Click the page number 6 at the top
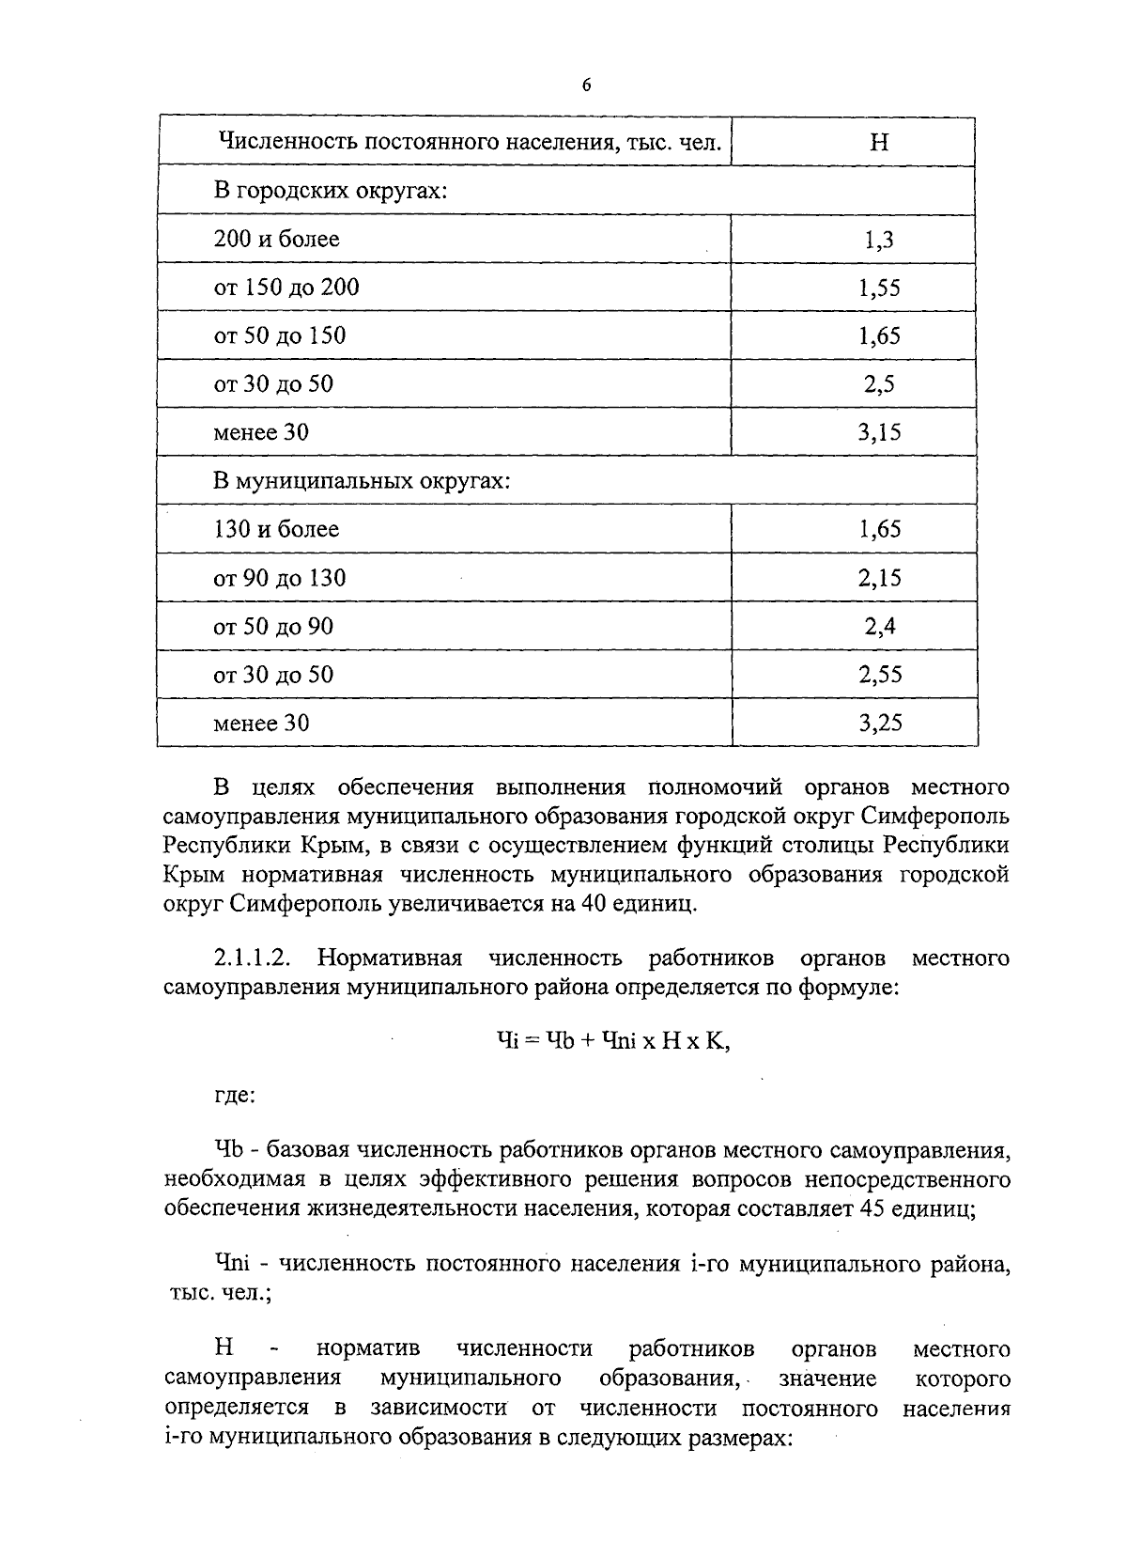click(586, 86)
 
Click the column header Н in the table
click(879, 142)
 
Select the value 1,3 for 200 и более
click(879, 240)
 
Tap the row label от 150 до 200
click(286, 287)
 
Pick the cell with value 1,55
click(879, 288)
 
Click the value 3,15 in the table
click(879, 432)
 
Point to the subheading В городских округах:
click(330, 191)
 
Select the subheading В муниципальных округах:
click(362, 481)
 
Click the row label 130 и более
click(276, 529)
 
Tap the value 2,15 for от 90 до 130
click(879, 578)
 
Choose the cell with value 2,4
click(879, 627)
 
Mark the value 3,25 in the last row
click(879, 723)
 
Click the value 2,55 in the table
click(879, 675)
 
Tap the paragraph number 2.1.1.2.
click(252, 958)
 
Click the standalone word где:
click(235, 1094)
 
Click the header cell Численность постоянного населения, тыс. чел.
click(470, 142)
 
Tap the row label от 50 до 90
click(273, 627)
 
